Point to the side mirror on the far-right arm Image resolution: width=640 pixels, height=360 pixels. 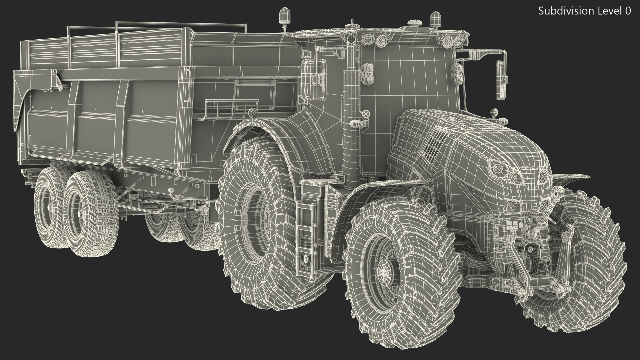502,80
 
